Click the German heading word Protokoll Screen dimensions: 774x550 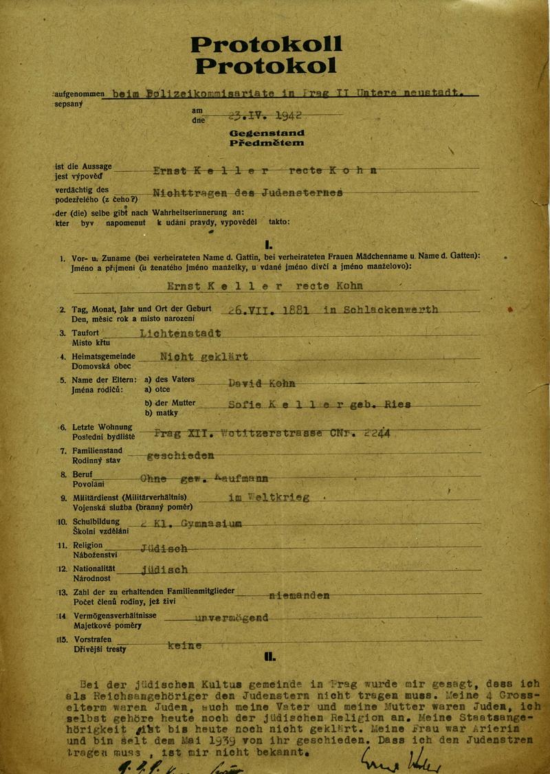tap(266, 45)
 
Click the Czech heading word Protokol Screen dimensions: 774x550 tap(266, 66)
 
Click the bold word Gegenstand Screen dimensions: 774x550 tap(267, 132)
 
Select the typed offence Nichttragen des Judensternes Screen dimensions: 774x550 tap(247, 193)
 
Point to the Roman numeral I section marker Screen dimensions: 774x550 tap(268, 242)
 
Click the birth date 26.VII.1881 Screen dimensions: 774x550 tap(261, 309)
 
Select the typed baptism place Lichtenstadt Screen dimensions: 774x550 tap(179, 333)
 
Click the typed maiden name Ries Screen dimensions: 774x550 tap(397, 405)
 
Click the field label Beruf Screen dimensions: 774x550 tap(83, 475)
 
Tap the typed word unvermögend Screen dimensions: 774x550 tap(231, 618)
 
